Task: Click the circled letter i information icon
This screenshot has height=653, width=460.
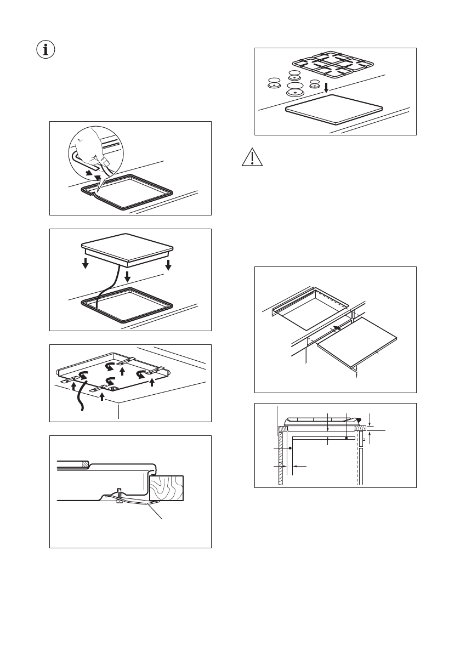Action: (46, 49)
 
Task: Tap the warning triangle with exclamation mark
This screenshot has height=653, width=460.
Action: (249, 158)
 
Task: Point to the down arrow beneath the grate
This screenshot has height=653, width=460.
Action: (326, 87)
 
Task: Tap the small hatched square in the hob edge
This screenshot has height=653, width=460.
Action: (84, 464)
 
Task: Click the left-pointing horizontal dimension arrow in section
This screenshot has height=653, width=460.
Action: (299, 466)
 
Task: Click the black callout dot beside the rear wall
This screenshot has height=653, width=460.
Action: (289, 448)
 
